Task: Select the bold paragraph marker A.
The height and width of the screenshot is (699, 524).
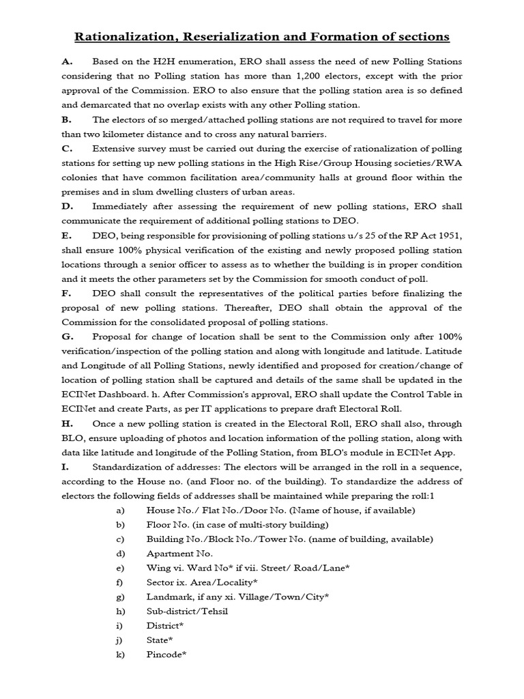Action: click(67, 61)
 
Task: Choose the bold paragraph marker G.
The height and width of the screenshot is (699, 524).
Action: click(68, 337)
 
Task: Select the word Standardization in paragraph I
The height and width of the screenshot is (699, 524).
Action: click(131, 467)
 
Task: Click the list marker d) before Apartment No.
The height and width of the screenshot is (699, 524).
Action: click(120, 554)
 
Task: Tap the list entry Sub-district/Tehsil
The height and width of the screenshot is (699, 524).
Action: click(187, 611)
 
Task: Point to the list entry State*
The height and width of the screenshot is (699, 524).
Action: click(160, 640)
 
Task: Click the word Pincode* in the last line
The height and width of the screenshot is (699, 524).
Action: click(166, 655)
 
